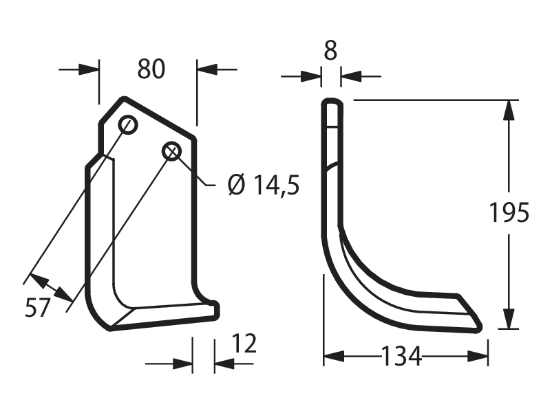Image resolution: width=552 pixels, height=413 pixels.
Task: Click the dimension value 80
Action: pyautogui.click(x=151, y=69)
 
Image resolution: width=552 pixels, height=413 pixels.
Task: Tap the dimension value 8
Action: pyautogui.click(x=330, y=50)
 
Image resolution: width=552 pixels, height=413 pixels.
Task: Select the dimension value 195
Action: pyautogui.click(x=509, y=212)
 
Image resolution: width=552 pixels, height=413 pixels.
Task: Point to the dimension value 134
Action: pyautogui.click(x=401, y=356)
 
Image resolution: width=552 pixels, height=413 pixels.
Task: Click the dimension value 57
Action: pyautogui.click(x=38, y=307)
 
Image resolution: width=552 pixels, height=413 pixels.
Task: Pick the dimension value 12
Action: pyautogui.click(x=244, y=344)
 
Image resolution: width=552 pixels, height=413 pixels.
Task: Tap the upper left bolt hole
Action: pyautogui.click(x=128, y=124)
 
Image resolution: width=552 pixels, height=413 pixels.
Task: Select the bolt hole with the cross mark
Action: pyautogui.click(x=171, y=151)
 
